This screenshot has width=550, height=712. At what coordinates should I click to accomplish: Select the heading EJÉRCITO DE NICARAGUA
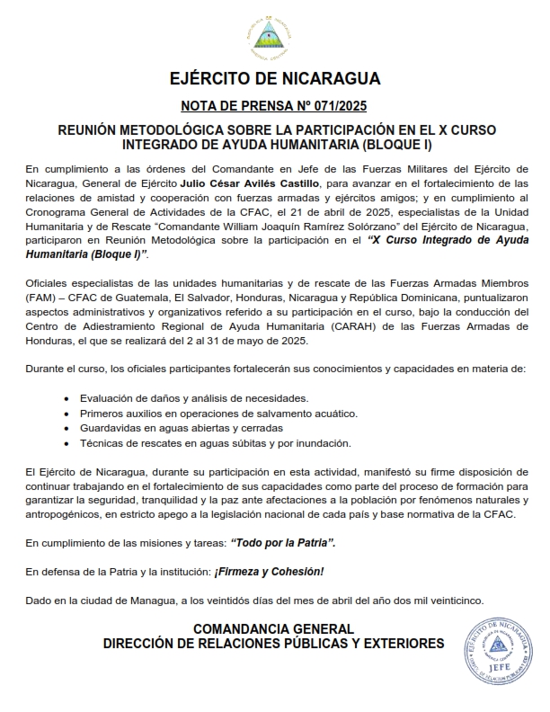coord(274,78)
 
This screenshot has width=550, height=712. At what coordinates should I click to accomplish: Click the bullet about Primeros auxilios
coord(218,413)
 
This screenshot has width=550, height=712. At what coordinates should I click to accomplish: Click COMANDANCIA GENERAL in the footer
coord(274,629)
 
